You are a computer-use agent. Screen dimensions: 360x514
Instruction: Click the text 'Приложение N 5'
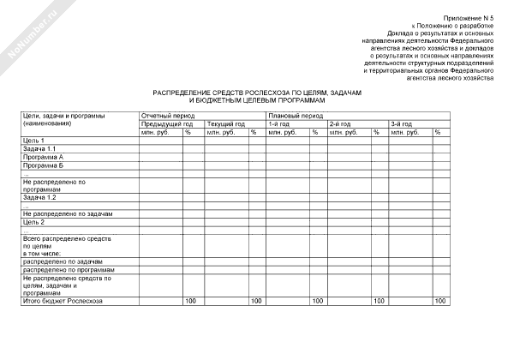pyautogui.click(x=469, y=18)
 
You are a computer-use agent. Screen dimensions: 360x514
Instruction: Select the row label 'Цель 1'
pyautogui.click(x=33, y=140)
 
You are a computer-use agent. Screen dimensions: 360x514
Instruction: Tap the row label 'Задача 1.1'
pyautogui.click(x=39, y=148)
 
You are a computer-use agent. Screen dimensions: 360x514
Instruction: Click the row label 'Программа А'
pyautogui.click(x=44, y=157)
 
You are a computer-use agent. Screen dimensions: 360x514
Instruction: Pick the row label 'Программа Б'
pyautogui.click(x=44, y=165)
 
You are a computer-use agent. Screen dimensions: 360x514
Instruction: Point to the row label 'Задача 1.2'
pyautogui.click(x=39, y=197)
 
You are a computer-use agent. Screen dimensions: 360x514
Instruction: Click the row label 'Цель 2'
pyautogui.click(x=33, y=221)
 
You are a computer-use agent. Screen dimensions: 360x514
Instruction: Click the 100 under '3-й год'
pyautogui.click(x=440, y=301)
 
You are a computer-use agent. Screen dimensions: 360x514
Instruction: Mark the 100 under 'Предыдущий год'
pyautogui.click(x=190, y=301)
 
